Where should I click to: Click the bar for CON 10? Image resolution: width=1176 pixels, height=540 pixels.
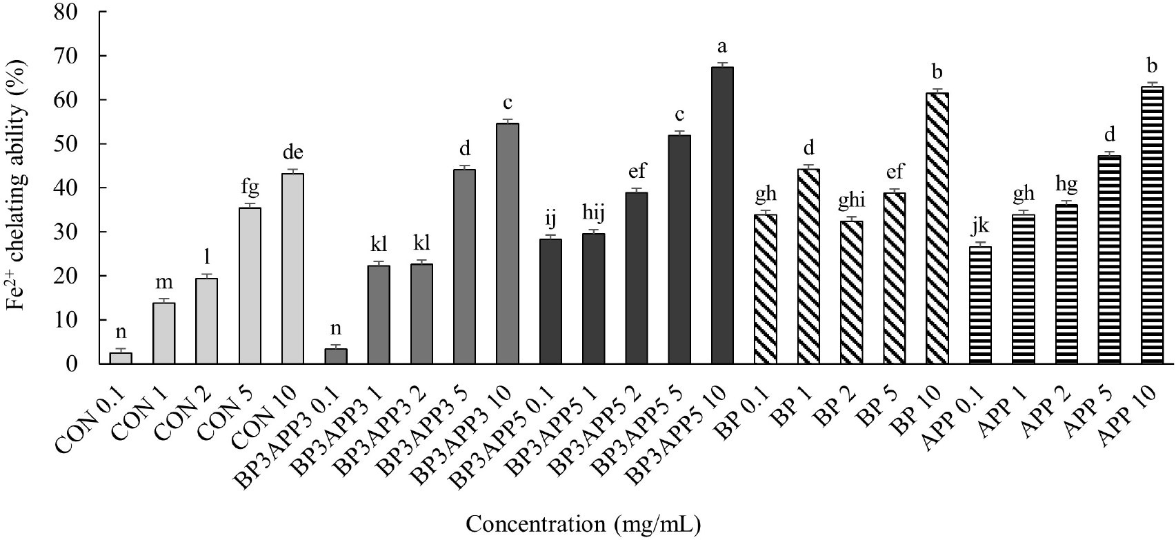coord(293,269)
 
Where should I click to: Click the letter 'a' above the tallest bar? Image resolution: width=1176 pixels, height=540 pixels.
coord(722,47)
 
